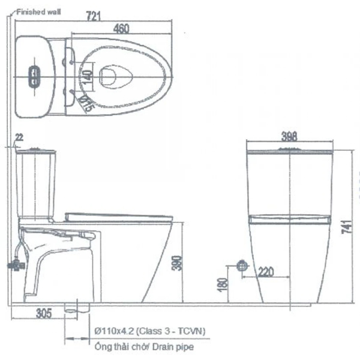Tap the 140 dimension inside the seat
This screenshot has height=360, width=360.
click(x=88, y=76)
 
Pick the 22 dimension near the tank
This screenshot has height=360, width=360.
click(x=19, y=138)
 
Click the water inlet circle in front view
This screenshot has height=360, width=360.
click(x=243, y=265)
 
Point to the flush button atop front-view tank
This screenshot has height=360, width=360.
click(x=290, y=147)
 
